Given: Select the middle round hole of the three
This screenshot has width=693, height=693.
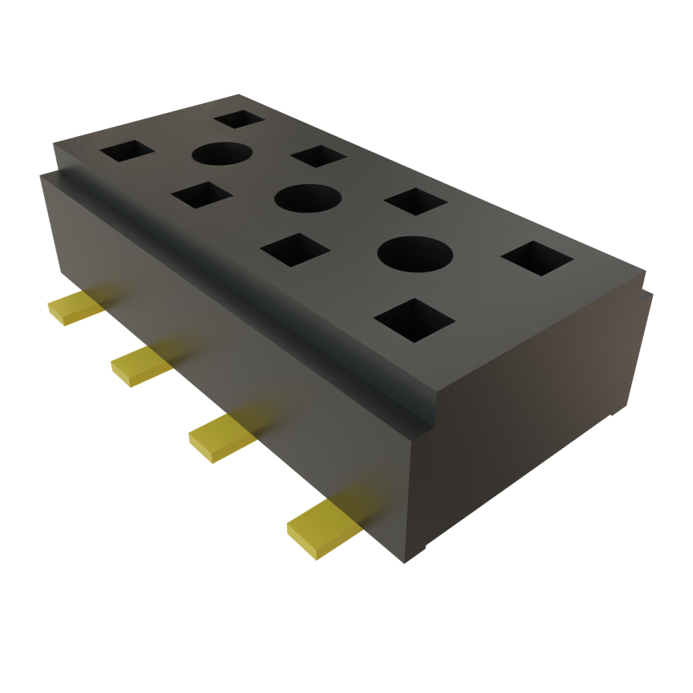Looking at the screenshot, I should coord(306,198).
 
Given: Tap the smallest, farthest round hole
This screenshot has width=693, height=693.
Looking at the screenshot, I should coord(221,154).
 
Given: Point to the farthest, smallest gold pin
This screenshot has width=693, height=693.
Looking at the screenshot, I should coord(73,309).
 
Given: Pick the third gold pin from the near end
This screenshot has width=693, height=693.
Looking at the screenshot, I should coord(141,366).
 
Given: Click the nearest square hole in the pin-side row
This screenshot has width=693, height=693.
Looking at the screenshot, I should coord(413,319).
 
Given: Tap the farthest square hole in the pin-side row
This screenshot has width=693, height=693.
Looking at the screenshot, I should coord(127,151).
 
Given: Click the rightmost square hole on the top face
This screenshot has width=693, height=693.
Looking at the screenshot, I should coord(538,258).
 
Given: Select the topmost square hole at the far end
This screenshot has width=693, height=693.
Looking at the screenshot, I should coord(239,119).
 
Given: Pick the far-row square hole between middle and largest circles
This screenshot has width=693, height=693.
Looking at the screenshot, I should coord(415,201).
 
